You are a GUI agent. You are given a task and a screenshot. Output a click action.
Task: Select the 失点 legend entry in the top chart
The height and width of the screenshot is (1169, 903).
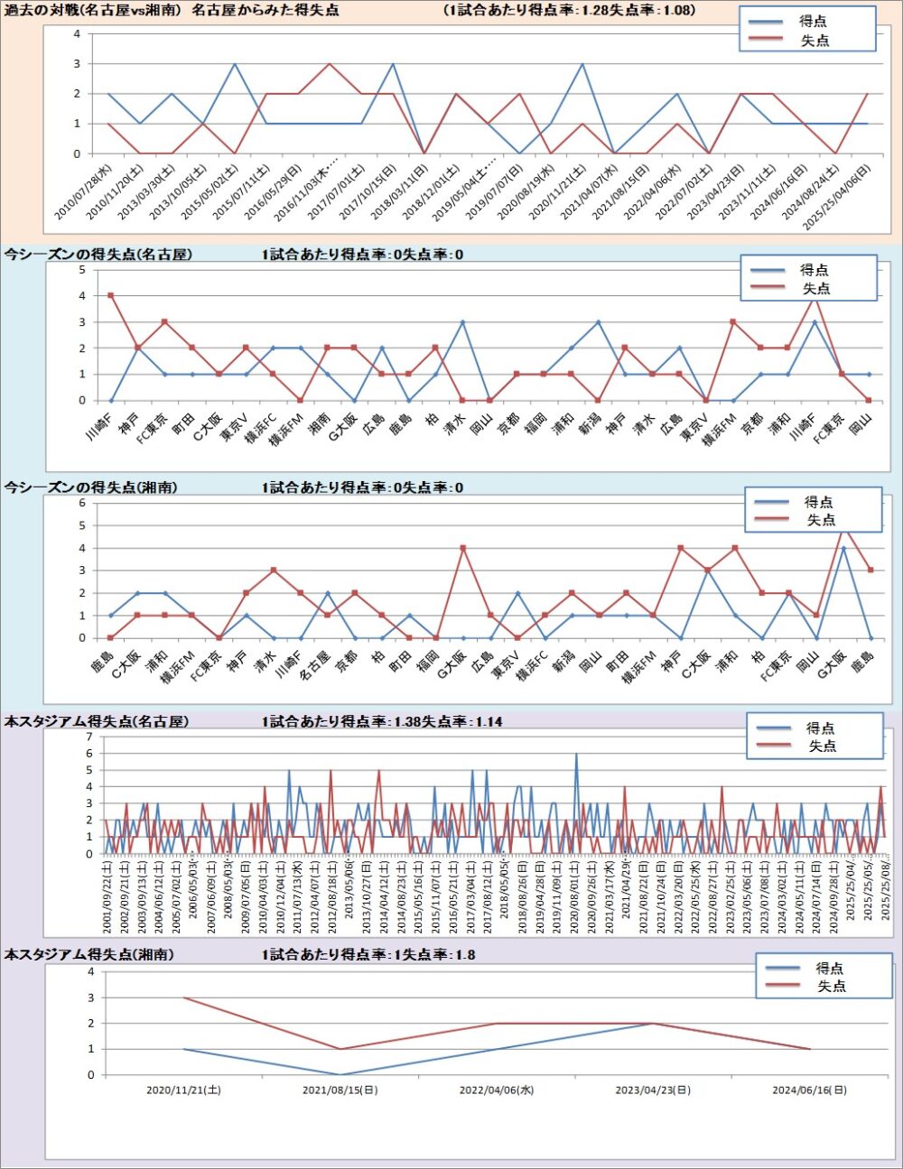click(x=815, y=41)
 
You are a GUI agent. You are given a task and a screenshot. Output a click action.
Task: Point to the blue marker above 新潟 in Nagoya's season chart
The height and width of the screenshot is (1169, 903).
click(x=598, y=322)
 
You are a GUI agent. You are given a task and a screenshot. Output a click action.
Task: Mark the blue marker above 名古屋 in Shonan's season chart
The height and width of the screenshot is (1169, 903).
click(x=327, y=593)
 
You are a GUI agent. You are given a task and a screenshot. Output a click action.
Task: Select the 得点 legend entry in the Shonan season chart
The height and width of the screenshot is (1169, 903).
click(x=819, y=502)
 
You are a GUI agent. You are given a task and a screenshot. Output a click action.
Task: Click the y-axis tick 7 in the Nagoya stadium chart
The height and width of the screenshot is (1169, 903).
click(x=89, y=737)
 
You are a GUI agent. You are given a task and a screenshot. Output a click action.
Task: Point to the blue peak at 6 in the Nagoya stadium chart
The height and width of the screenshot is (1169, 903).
click(x=576, y=754)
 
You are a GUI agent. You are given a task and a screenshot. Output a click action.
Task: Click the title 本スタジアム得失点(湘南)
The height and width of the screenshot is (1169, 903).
click(x=89, y=954)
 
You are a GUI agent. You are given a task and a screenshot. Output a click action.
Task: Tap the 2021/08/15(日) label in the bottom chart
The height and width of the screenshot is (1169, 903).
click(x=340, y=1090)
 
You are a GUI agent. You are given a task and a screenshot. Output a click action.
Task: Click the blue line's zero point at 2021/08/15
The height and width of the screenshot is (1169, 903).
click(x=340, y=1075)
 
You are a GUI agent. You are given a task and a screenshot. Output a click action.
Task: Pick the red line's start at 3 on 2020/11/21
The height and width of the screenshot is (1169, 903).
click(x=183, y=997)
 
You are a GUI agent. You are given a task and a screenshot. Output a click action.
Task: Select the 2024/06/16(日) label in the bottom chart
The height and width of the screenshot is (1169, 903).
click(x=810, y=1090)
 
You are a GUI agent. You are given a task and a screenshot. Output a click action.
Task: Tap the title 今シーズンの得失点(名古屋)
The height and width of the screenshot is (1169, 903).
click(x=98, y=255)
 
